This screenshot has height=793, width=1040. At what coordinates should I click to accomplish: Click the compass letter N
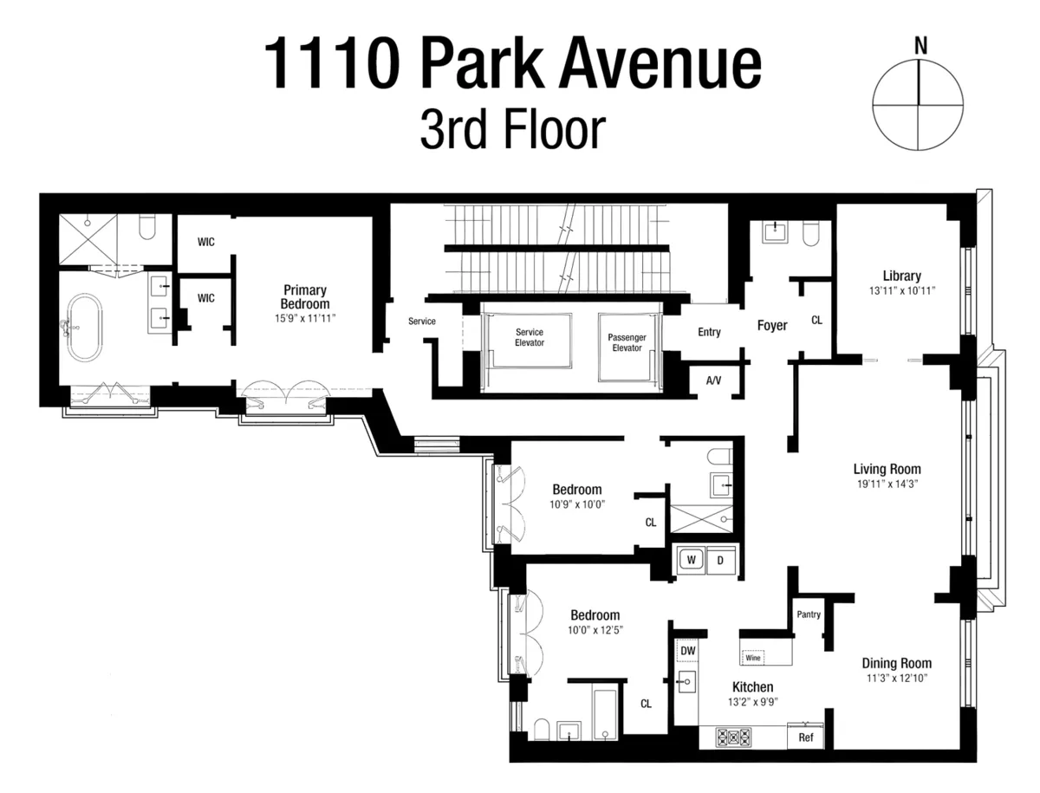[x=920, y=46]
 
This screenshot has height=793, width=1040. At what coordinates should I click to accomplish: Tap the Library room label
[x=901, y=276]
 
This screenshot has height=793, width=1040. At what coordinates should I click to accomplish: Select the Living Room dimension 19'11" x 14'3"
[x=887, y=484]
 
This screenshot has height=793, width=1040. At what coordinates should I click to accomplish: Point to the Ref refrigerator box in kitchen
[x=805, y=738]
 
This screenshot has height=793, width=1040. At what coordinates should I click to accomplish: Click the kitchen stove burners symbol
[x=732, y=738]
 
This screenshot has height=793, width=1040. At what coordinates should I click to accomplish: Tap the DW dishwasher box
[x=687, y=650]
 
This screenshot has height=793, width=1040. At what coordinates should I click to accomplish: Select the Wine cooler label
[x=752, y=658]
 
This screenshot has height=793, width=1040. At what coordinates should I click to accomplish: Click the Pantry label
[x=808, y=614]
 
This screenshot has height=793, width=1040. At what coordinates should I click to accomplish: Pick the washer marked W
[x=692, y=560]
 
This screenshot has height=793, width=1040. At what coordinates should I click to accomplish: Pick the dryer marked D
[x=720, y=560]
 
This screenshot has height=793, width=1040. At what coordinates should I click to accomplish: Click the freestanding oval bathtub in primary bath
[x=84, y=328]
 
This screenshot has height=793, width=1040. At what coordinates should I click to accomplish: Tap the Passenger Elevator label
[x=627, y=341]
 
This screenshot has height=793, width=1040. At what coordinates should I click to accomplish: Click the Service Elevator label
[x=530, y=337]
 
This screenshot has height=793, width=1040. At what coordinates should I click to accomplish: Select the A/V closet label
[x=714, y=380]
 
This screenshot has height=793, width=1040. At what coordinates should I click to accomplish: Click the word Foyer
[x=772, y=326]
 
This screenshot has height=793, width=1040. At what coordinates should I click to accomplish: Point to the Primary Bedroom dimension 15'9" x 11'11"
[x=304, y=318]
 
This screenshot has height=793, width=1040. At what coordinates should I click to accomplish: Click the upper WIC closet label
[x=205, y=244]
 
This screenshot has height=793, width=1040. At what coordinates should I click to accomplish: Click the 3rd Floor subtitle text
[x=511, y=130]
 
